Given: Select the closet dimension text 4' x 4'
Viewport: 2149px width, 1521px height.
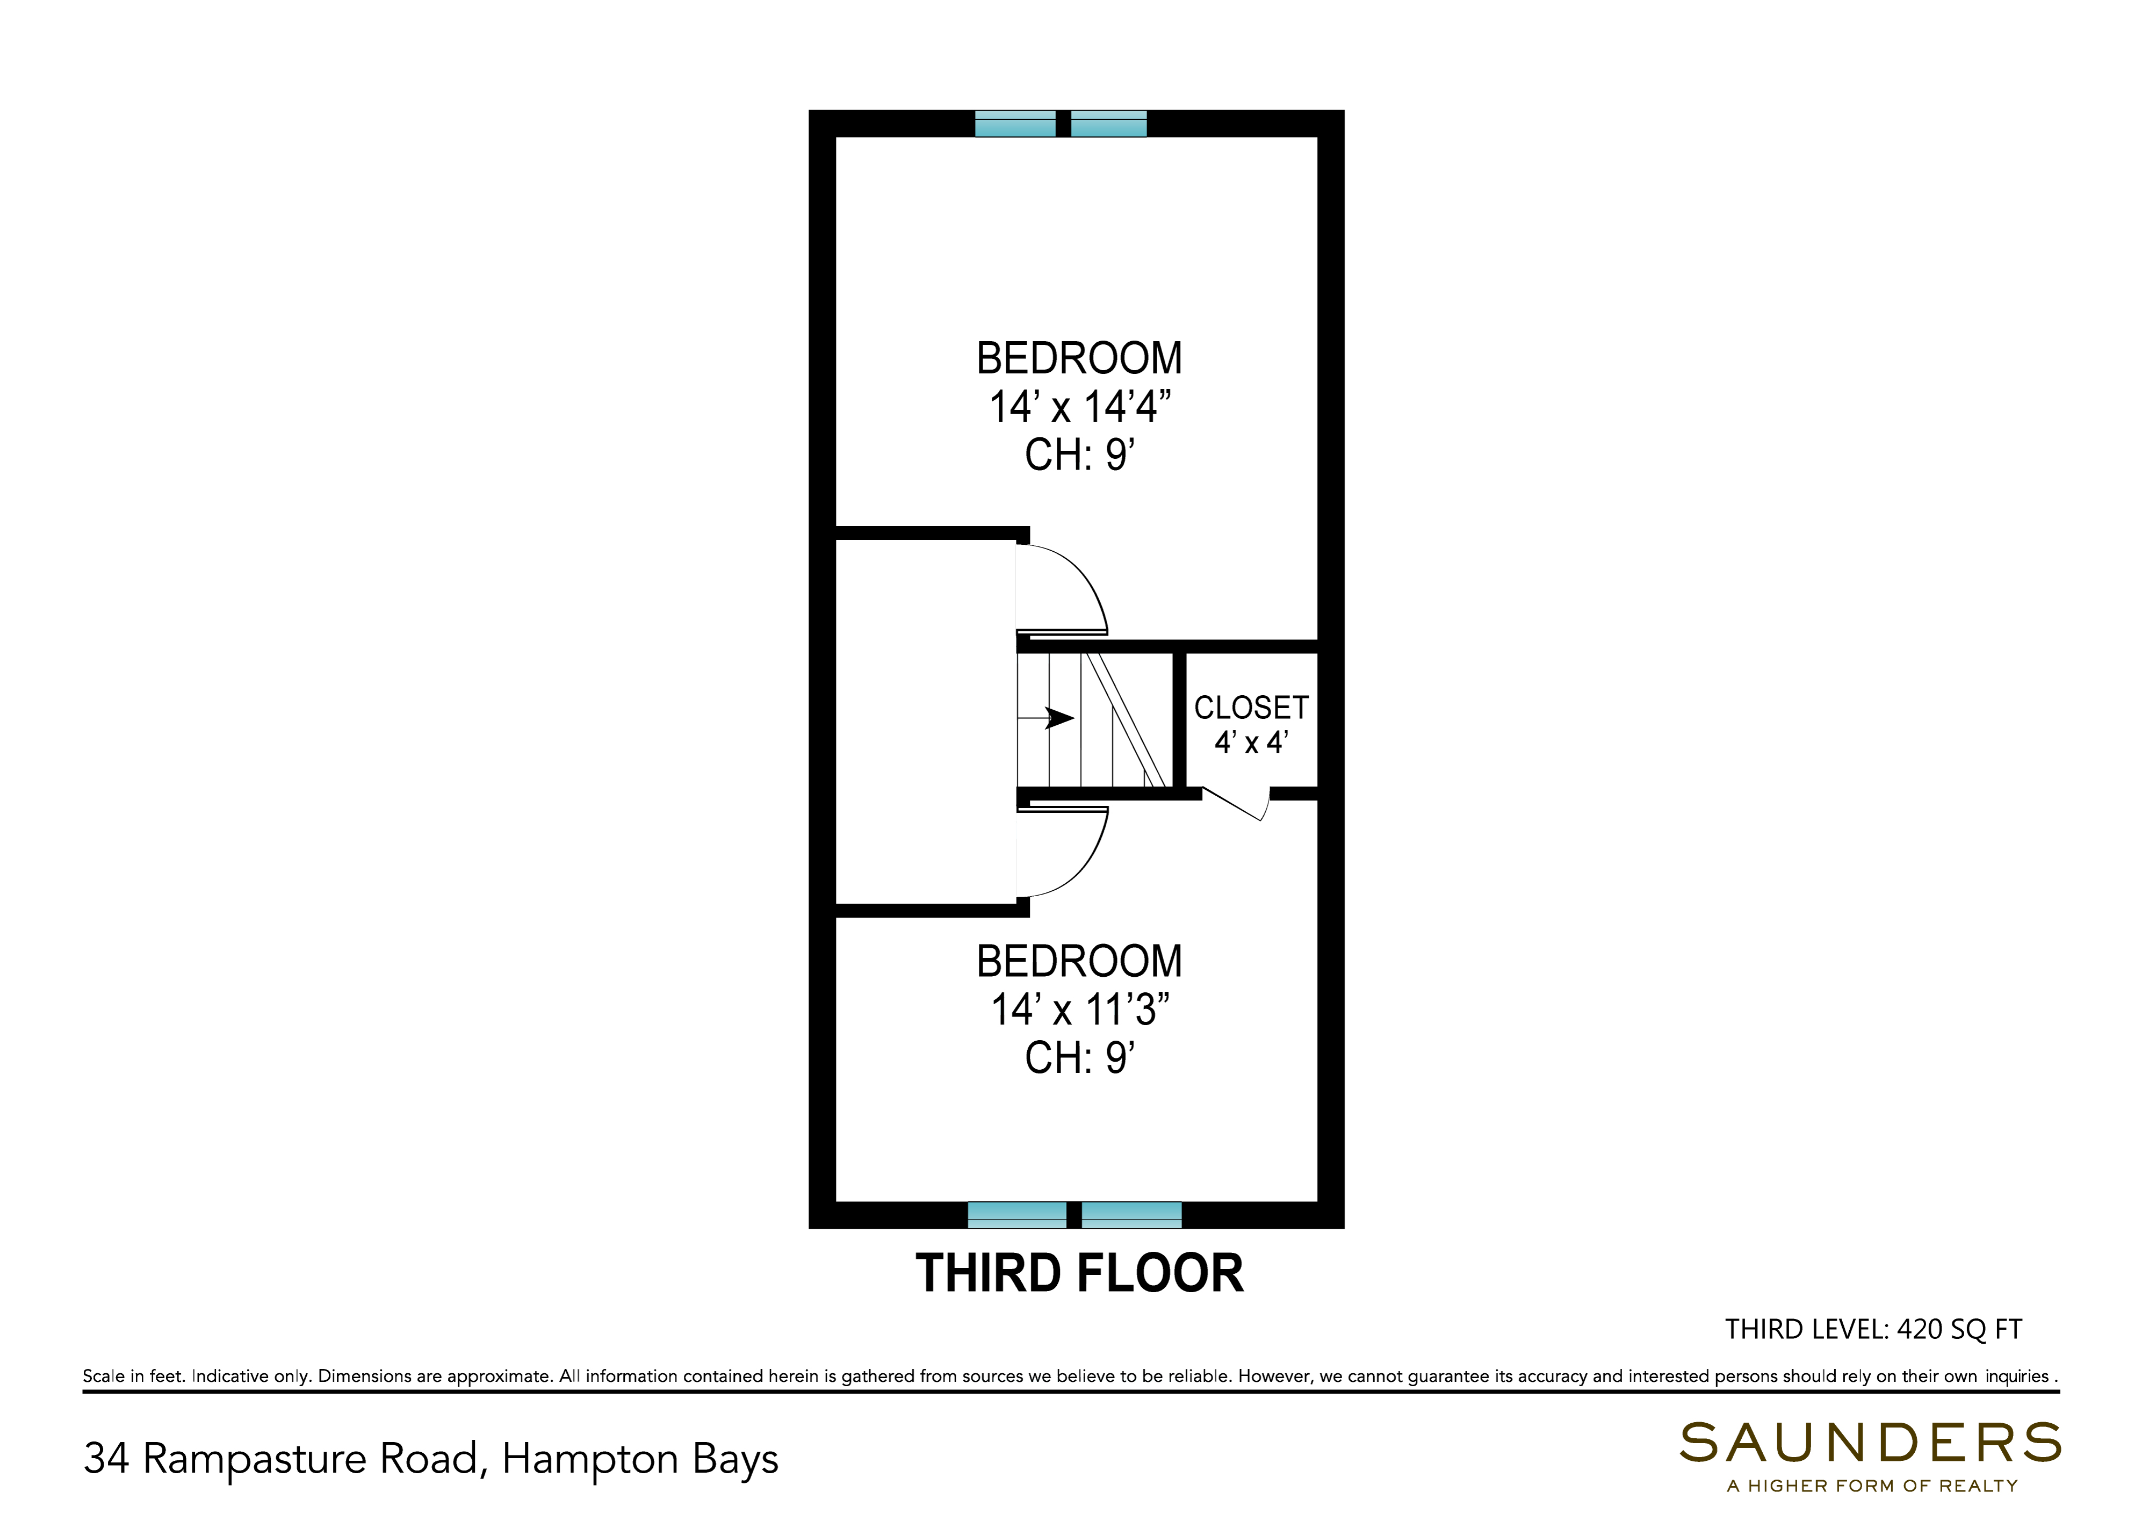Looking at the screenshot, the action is (x=1251, y=743).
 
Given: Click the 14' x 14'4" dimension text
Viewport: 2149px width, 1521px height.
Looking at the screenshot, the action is (x=1080, y=407).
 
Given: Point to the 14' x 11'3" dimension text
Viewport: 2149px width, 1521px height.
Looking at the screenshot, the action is (x=1080, y=1010).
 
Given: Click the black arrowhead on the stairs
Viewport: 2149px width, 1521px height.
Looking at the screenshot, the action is (x=1059, y=718).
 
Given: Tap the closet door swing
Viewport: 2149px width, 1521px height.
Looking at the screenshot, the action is (x=1236, y=804).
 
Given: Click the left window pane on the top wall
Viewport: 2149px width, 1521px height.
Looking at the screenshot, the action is (x=1015, y=124).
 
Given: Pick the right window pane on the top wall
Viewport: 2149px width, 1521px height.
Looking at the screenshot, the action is (x=1109, y=124).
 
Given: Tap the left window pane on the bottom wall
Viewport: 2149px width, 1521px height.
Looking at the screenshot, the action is (x=1017, y=1215).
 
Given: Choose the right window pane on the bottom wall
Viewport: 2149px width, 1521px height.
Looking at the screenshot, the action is (x=1131, y=1215).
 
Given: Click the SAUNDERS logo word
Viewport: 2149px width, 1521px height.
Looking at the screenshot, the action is (x=1871, y=1443).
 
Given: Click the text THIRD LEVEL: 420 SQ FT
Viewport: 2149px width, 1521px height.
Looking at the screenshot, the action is (x=1874, y=1329).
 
